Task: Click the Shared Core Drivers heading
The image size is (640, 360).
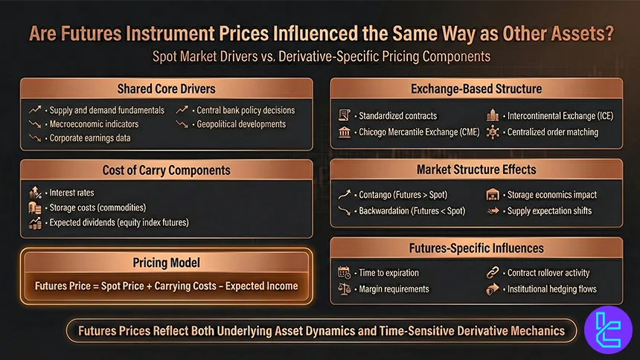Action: point(166,89)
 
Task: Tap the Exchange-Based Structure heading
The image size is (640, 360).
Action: point(476,89)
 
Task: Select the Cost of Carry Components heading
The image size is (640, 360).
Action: point(166,170)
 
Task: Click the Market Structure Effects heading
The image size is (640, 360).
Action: point(476,170)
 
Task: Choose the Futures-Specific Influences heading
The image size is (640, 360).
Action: point(476,248)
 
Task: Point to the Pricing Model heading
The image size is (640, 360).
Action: point(166,262)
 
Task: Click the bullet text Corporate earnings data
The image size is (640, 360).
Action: point(90,138)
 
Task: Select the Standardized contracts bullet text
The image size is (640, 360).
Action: point(397,116)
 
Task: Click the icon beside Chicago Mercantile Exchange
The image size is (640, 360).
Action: point(345,132)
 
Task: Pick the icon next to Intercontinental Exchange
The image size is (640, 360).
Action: point(492,116)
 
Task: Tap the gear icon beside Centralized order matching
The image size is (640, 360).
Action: point(492,132)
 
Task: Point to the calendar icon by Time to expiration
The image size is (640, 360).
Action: point(345,273)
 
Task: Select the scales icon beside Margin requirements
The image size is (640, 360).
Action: point(345,289)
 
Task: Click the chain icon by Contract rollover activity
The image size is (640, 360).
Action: point(492,273)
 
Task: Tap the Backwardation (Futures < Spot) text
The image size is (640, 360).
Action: point(412,211)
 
